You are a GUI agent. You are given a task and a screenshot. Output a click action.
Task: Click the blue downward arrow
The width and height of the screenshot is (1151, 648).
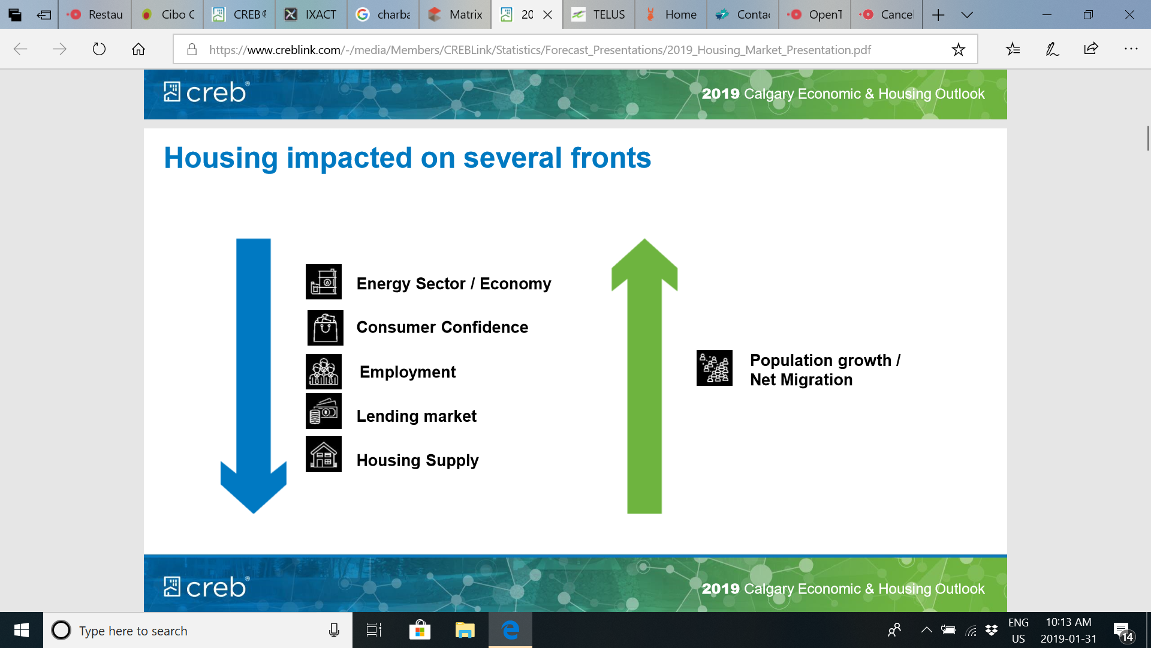click(254, 376)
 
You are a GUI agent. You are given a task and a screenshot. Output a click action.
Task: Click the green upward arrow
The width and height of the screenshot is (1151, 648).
click(644, 376)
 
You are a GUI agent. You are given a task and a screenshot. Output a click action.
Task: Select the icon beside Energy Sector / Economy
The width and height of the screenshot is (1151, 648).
click(324, 282)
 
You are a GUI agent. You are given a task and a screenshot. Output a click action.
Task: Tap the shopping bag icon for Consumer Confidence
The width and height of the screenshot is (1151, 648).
click(326, 328)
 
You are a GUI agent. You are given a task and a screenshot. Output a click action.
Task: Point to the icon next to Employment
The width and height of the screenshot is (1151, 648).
click(324, 372)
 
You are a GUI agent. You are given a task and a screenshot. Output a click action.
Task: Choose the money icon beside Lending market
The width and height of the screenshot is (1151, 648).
click(324, 411)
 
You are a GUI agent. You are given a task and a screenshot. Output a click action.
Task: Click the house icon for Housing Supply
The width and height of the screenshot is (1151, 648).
click(324, 454)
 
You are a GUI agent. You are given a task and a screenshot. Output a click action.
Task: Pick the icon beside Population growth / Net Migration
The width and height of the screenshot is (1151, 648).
click(715, 368)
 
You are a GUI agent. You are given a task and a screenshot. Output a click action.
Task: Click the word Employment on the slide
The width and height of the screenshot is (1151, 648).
click(408, 372)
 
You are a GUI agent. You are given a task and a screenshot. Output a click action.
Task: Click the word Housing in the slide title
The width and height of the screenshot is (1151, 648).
click(221, 158)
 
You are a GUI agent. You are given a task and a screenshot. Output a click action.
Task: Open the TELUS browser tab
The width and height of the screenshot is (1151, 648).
click(598, 14)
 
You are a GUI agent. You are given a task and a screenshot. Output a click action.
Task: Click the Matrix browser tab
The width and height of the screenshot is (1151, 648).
click(456, 14)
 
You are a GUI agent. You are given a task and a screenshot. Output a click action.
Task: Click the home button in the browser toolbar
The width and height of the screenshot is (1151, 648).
click(138, 49)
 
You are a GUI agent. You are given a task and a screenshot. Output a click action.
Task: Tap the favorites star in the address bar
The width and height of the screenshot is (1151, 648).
click(959, 49)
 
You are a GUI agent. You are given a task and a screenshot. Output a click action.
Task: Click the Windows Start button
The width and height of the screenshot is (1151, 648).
click(22, 630)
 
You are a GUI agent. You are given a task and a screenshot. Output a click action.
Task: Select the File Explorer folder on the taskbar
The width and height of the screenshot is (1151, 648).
click(465, 630)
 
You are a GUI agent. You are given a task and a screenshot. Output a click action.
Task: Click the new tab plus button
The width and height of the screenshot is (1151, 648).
click(939, 14)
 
